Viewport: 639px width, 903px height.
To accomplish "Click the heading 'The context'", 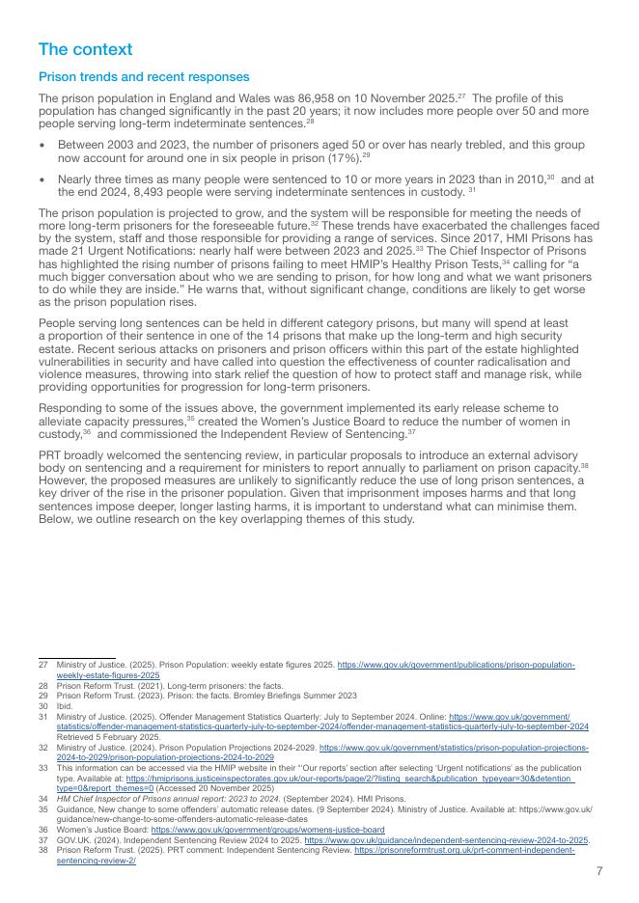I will [85, 49].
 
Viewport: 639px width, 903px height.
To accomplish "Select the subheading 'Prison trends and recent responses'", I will [144, 76].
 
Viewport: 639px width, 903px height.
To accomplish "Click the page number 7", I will [599, 871].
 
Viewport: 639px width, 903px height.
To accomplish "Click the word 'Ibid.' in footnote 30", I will [65, 705].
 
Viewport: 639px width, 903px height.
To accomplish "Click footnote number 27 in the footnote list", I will [42, 666].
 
